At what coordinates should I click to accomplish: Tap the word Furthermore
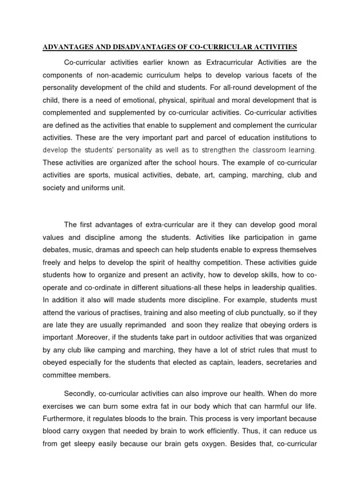pyautogui.click(x=64, y=418)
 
